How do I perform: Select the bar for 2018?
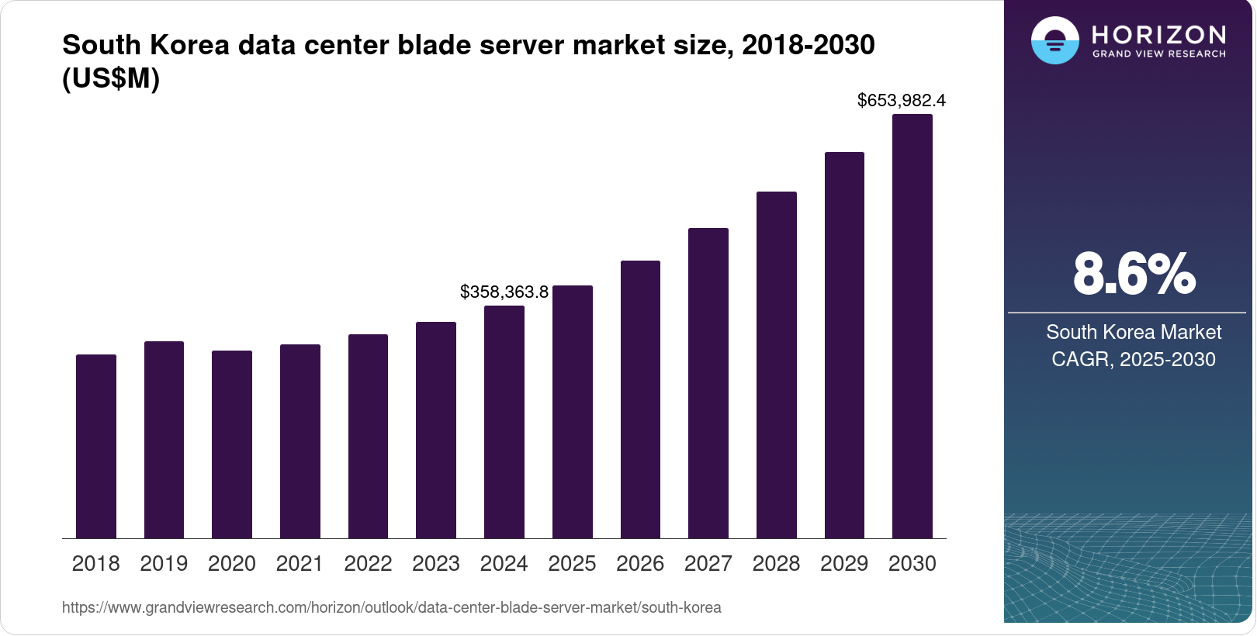coord(96,446)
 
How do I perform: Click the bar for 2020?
coord(232,444)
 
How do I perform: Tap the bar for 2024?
coord(504,422)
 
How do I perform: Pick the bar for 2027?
coord(708,383)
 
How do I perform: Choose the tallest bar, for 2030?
coord(912,326)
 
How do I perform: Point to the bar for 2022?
coord(368,436)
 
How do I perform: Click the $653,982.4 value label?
coord(901,100)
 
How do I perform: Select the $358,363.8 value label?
coord(504,292)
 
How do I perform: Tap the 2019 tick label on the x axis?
coord(164,563)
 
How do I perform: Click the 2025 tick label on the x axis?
coord(572,563)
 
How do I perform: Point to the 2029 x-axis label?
coord(844,563)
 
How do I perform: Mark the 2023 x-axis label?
coord(436,563)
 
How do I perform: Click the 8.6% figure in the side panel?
coord(1134,275)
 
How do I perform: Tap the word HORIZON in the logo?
coord(1158,35)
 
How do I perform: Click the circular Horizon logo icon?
coord(1054,40)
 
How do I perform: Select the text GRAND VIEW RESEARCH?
coord(1158,54)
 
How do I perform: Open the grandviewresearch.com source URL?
coord(392,607)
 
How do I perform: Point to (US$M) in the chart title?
coord(111,78)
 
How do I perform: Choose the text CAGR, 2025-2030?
coord(1134,359)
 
